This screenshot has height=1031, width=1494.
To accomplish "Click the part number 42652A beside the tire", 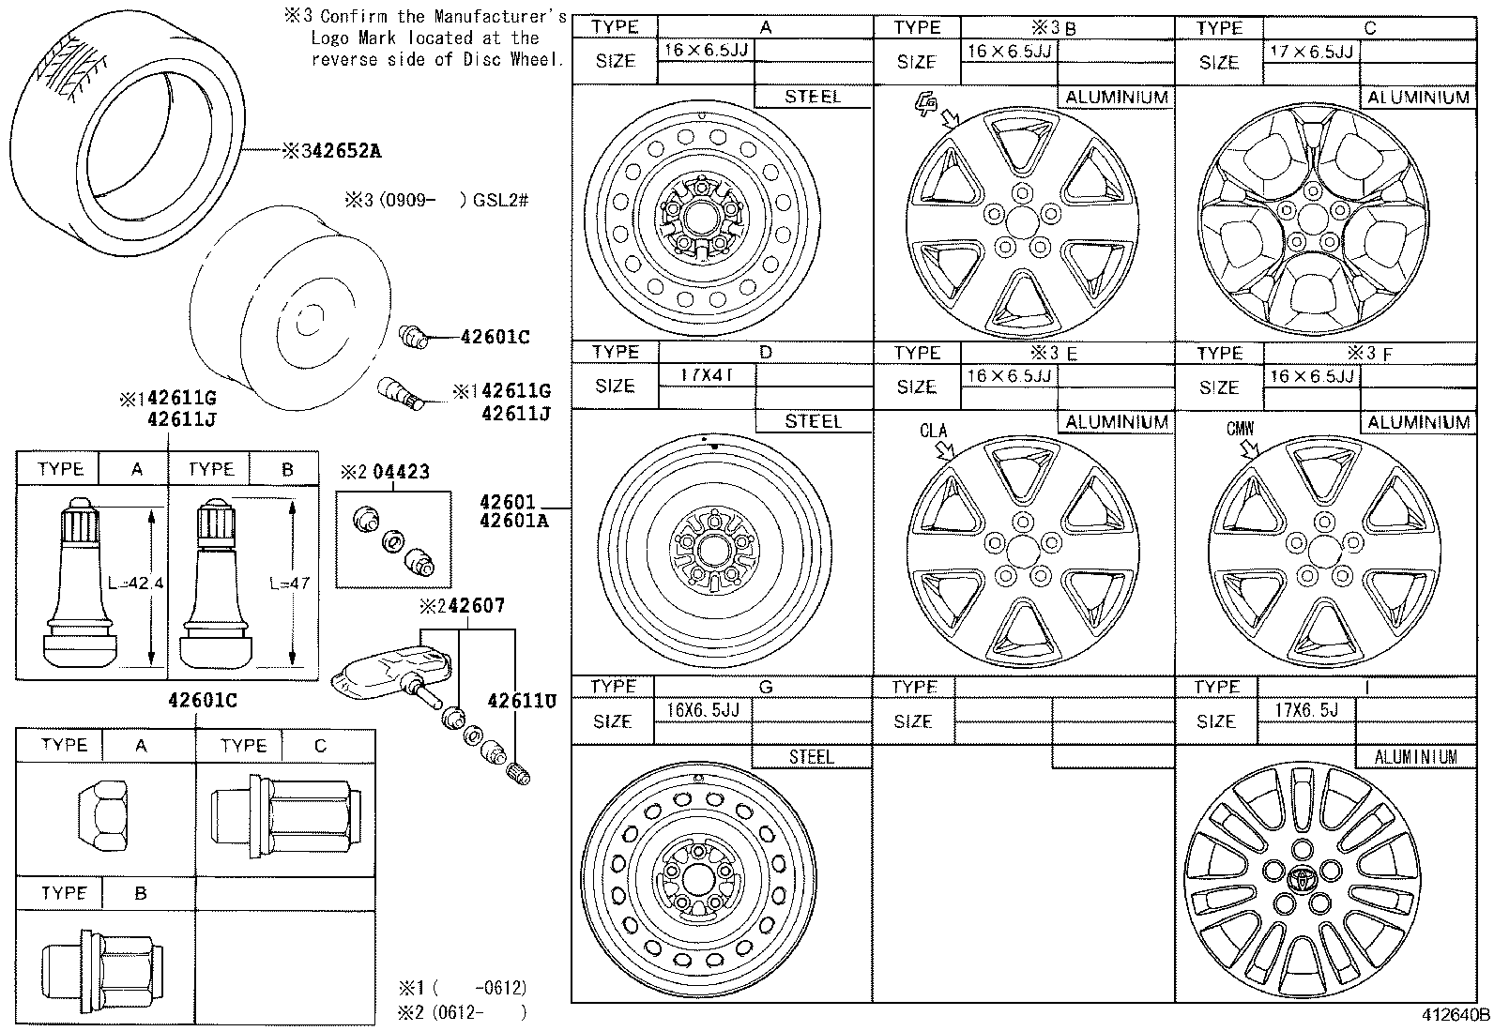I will (x=340, y=151).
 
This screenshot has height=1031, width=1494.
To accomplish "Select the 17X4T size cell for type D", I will (x=705, y=375).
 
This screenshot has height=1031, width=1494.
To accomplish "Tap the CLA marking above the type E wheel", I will (x=933, y=432).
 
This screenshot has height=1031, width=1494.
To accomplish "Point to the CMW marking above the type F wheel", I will (x=1240, y=430).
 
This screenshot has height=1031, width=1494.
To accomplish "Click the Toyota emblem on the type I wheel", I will (x=1303, y=881).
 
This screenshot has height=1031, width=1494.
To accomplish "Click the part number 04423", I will (x=401, y=472).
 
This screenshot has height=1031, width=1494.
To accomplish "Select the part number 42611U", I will (x=522, y=701).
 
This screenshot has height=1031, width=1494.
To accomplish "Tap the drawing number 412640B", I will (x=1454, y=1015).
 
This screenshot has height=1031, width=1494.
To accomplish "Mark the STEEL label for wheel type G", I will (x=812, y=756).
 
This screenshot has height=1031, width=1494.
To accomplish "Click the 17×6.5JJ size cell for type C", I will (x=1311, y=52).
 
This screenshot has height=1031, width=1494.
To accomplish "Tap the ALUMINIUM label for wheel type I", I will (x=1414, y=756).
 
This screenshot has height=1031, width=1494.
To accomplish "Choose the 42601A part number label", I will (x=513, y=520).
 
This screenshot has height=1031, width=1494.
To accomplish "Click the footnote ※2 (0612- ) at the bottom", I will (x=462, y=1012).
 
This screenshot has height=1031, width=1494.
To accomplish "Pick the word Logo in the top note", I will (x=330, y=38).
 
